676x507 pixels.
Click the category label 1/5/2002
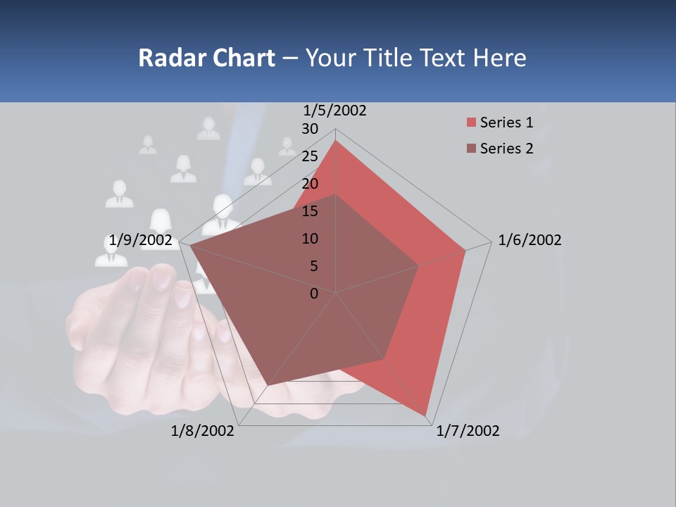point(335,111)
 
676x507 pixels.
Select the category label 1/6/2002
point(530,240)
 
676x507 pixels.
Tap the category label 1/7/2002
point(468,431)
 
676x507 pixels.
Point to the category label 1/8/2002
point(203,431)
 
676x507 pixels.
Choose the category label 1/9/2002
point(141,241)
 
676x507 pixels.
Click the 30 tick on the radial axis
point(310,129)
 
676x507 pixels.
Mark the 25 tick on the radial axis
point(310,156)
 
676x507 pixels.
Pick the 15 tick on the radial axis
point(310,211)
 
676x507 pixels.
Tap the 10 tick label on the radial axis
point(310,239)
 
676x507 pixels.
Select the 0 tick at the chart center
point(314,294)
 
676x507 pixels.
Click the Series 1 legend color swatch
point(471,123)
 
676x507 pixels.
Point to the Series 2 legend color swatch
point(471,149)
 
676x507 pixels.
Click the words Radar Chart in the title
point(206,58)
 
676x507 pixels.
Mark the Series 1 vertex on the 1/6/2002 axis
point(465,250)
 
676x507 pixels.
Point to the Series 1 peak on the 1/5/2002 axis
point(336,140)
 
